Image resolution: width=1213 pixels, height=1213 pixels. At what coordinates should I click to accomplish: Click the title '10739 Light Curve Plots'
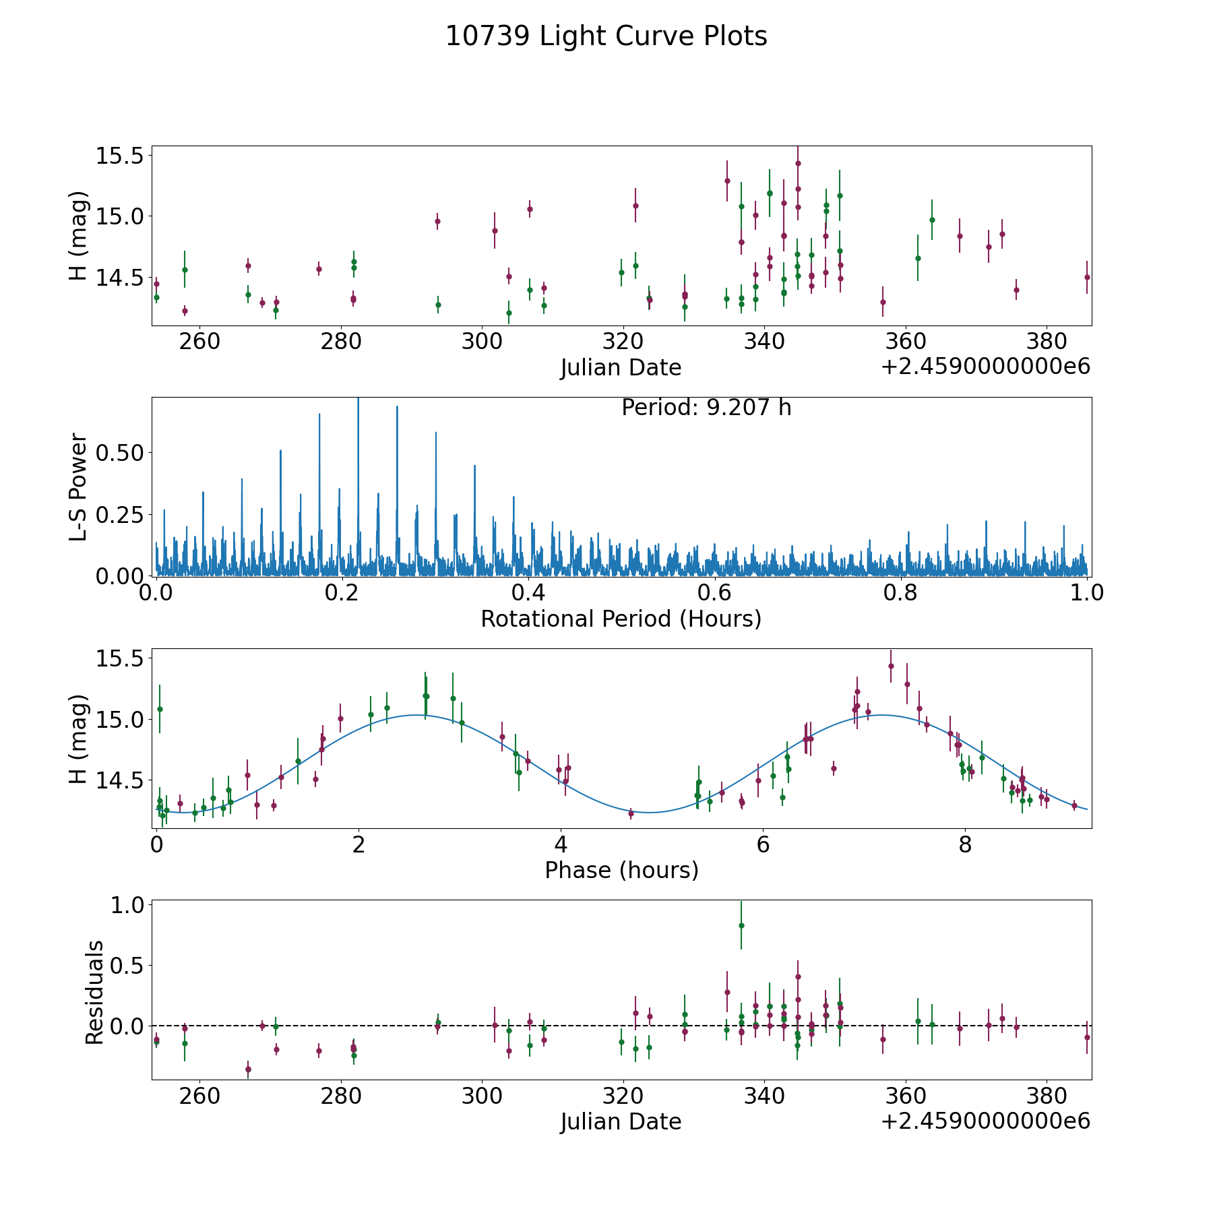(606, 36)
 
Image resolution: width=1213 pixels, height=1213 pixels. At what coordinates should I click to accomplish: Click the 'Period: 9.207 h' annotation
(706, 408)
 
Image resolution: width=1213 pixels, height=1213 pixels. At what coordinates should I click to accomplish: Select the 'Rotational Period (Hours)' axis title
(621, 619)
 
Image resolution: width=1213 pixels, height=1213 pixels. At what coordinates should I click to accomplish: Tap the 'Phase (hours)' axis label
(621, 870)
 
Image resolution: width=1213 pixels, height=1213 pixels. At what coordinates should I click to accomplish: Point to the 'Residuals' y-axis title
(95, 993)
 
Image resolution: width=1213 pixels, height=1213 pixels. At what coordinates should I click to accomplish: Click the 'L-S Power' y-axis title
(79, 487)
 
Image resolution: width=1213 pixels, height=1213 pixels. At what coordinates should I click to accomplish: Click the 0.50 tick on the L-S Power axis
(120, 453)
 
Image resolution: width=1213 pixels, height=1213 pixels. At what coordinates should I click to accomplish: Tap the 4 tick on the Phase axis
(561, 844)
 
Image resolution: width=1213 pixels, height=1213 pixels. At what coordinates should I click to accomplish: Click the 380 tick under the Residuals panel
(1045, 1096)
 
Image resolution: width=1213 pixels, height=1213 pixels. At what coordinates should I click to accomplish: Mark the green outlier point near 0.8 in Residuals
(741, 925)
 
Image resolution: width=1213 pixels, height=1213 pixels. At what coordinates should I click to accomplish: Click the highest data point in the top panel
(798, 163)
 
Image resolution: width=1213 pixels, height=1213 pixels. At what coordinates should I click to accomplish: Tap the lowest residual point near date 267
(248, 1069)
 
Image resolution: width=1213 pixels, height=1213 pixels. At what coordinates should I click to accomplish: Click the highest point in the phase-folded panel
(891, 666)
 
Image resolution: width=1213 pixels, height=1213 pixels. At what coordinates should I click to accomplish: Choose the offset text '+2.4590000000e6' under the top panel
(985, 367)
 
